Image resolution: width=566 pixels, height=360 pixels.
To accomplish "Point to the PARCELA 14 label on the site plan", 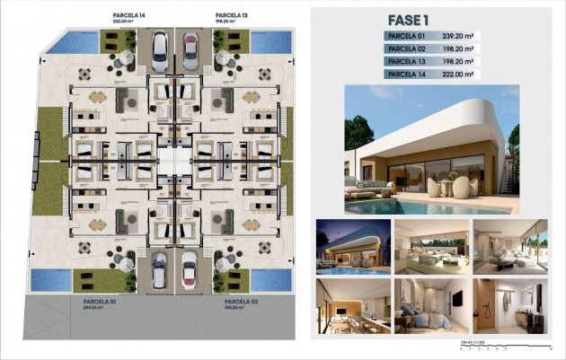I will (128, 15).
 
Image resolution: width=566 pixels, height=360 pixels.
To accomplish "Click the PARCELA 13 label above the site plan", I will (231, 15).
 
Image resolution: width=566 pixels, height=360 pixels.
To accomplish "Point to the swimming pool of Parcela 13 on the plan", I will (270, 42).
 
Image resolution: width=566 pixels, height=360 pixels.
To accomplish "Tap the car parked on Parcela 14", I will (159, 51).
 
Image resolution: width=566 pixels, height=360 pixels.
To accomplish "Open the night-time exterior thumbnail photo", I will (353, 246).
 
